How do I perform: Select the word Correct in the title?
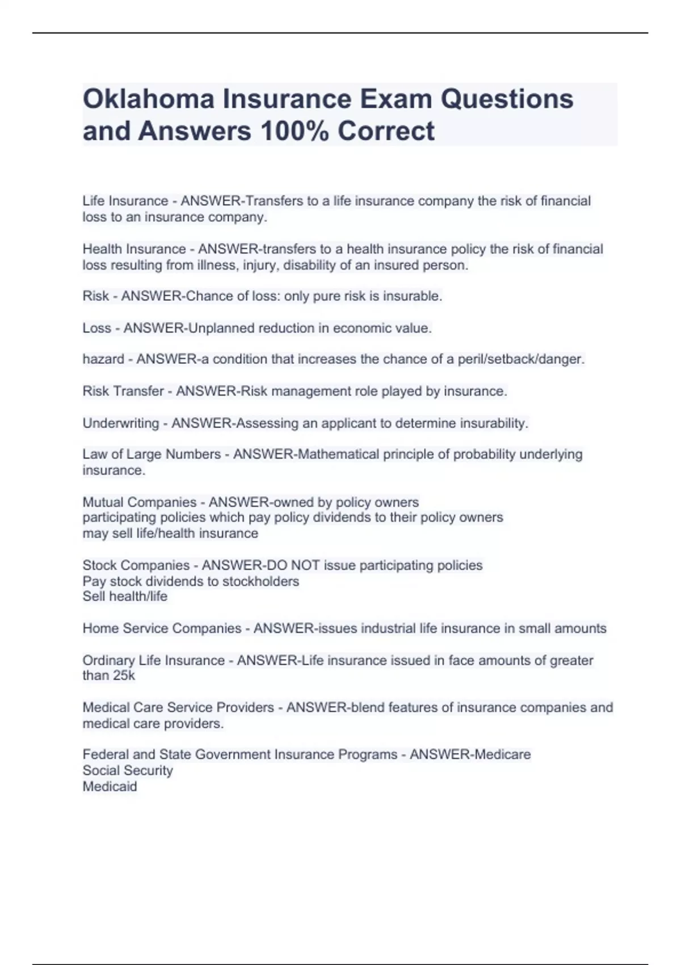[386, 131]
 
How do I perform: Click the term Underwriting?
[121, 423]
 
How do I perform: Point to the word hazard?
[103, 359]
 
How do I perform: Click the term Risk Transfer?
[123, 391]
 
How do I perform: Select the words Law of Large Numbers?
[152, 454]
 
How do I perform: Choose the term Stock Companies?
[136, 565]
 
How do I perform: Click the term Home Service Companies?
[162, 628]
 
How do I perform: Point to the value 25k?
[124, 675]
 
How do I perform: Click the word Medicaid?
[110, 787]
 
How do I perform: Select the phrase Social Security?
[128, 771]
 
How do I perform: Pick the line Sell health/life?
[125, 597]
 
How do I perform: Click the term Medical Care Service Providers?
[178, 708]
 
